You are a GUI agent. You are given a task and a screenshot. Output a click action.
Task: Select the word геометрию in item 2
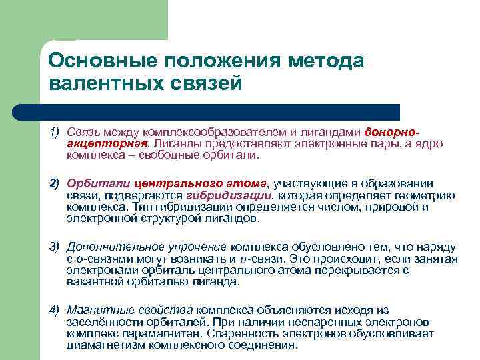427,195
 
